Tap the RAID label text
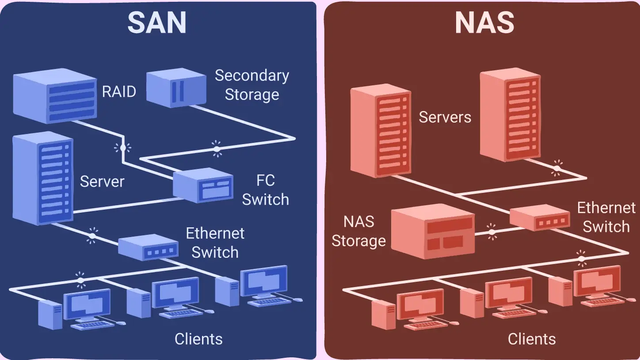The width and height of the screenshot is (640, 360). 119,92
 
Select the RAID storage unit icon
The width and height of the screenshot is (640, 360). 55,96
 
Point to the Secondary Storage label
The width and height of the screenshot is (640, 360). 252,85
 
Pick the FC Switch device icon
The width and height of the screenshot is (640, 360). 202,185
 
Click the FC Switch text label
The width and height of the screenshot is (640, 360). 265,190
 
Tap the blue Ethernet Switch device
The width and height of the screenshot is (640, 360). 148,247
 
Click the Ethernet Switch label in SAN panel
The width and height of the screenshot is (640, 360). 215,243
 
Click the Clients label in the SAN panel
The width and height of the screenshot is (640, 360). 198,339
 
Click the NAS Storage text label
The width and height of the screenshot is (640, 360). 358,231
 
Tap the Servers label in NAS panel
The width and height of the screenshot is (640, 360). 445,117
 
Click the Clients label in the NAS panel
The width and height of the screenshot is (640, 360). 532,339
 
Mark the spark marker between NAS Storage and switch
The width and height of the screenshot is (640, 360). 491,231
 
